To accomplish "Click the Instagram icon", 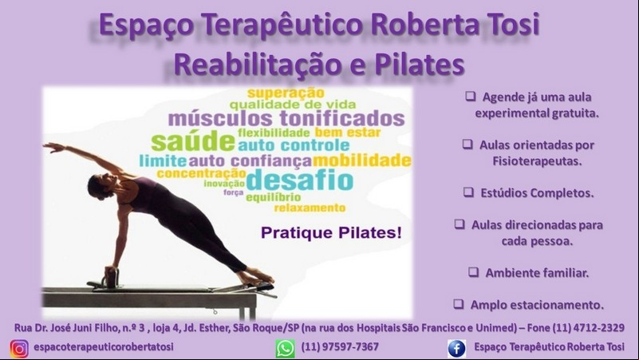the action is pos(19,348).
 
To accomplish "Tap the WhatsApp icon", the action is pos(285,349).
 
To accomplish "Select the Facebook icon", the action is pos(456,348).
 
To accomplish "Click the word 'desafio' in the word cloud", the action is pos(299,180).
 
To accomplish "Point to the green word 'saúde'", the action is pos(193,141).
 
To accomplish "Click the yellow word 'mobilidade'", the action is pos(362,160).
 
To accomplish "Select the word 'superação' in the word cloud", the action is pos(286,93).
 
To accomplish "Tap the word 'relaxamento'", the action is pos(310,208).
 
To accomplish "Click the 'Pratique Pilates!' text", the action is pos(331,233).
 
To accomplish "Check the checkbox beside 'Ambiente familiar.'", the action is pos(473,272).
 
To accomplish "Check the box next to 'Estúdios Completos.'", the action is pos(468,192).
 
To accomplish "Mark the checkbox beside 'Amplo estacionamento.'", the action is pos(459,304).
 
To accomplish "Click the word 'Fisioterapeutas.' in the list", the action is pos(537,161).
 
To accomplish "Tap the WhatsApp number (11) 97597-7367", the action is pos(340,347).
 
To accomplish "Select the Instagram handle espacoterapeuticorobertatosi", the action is pos(104,347).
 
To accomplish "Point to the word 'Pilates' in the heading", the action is pos(420,65).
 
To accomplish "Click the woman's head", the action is pos(99,186).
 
